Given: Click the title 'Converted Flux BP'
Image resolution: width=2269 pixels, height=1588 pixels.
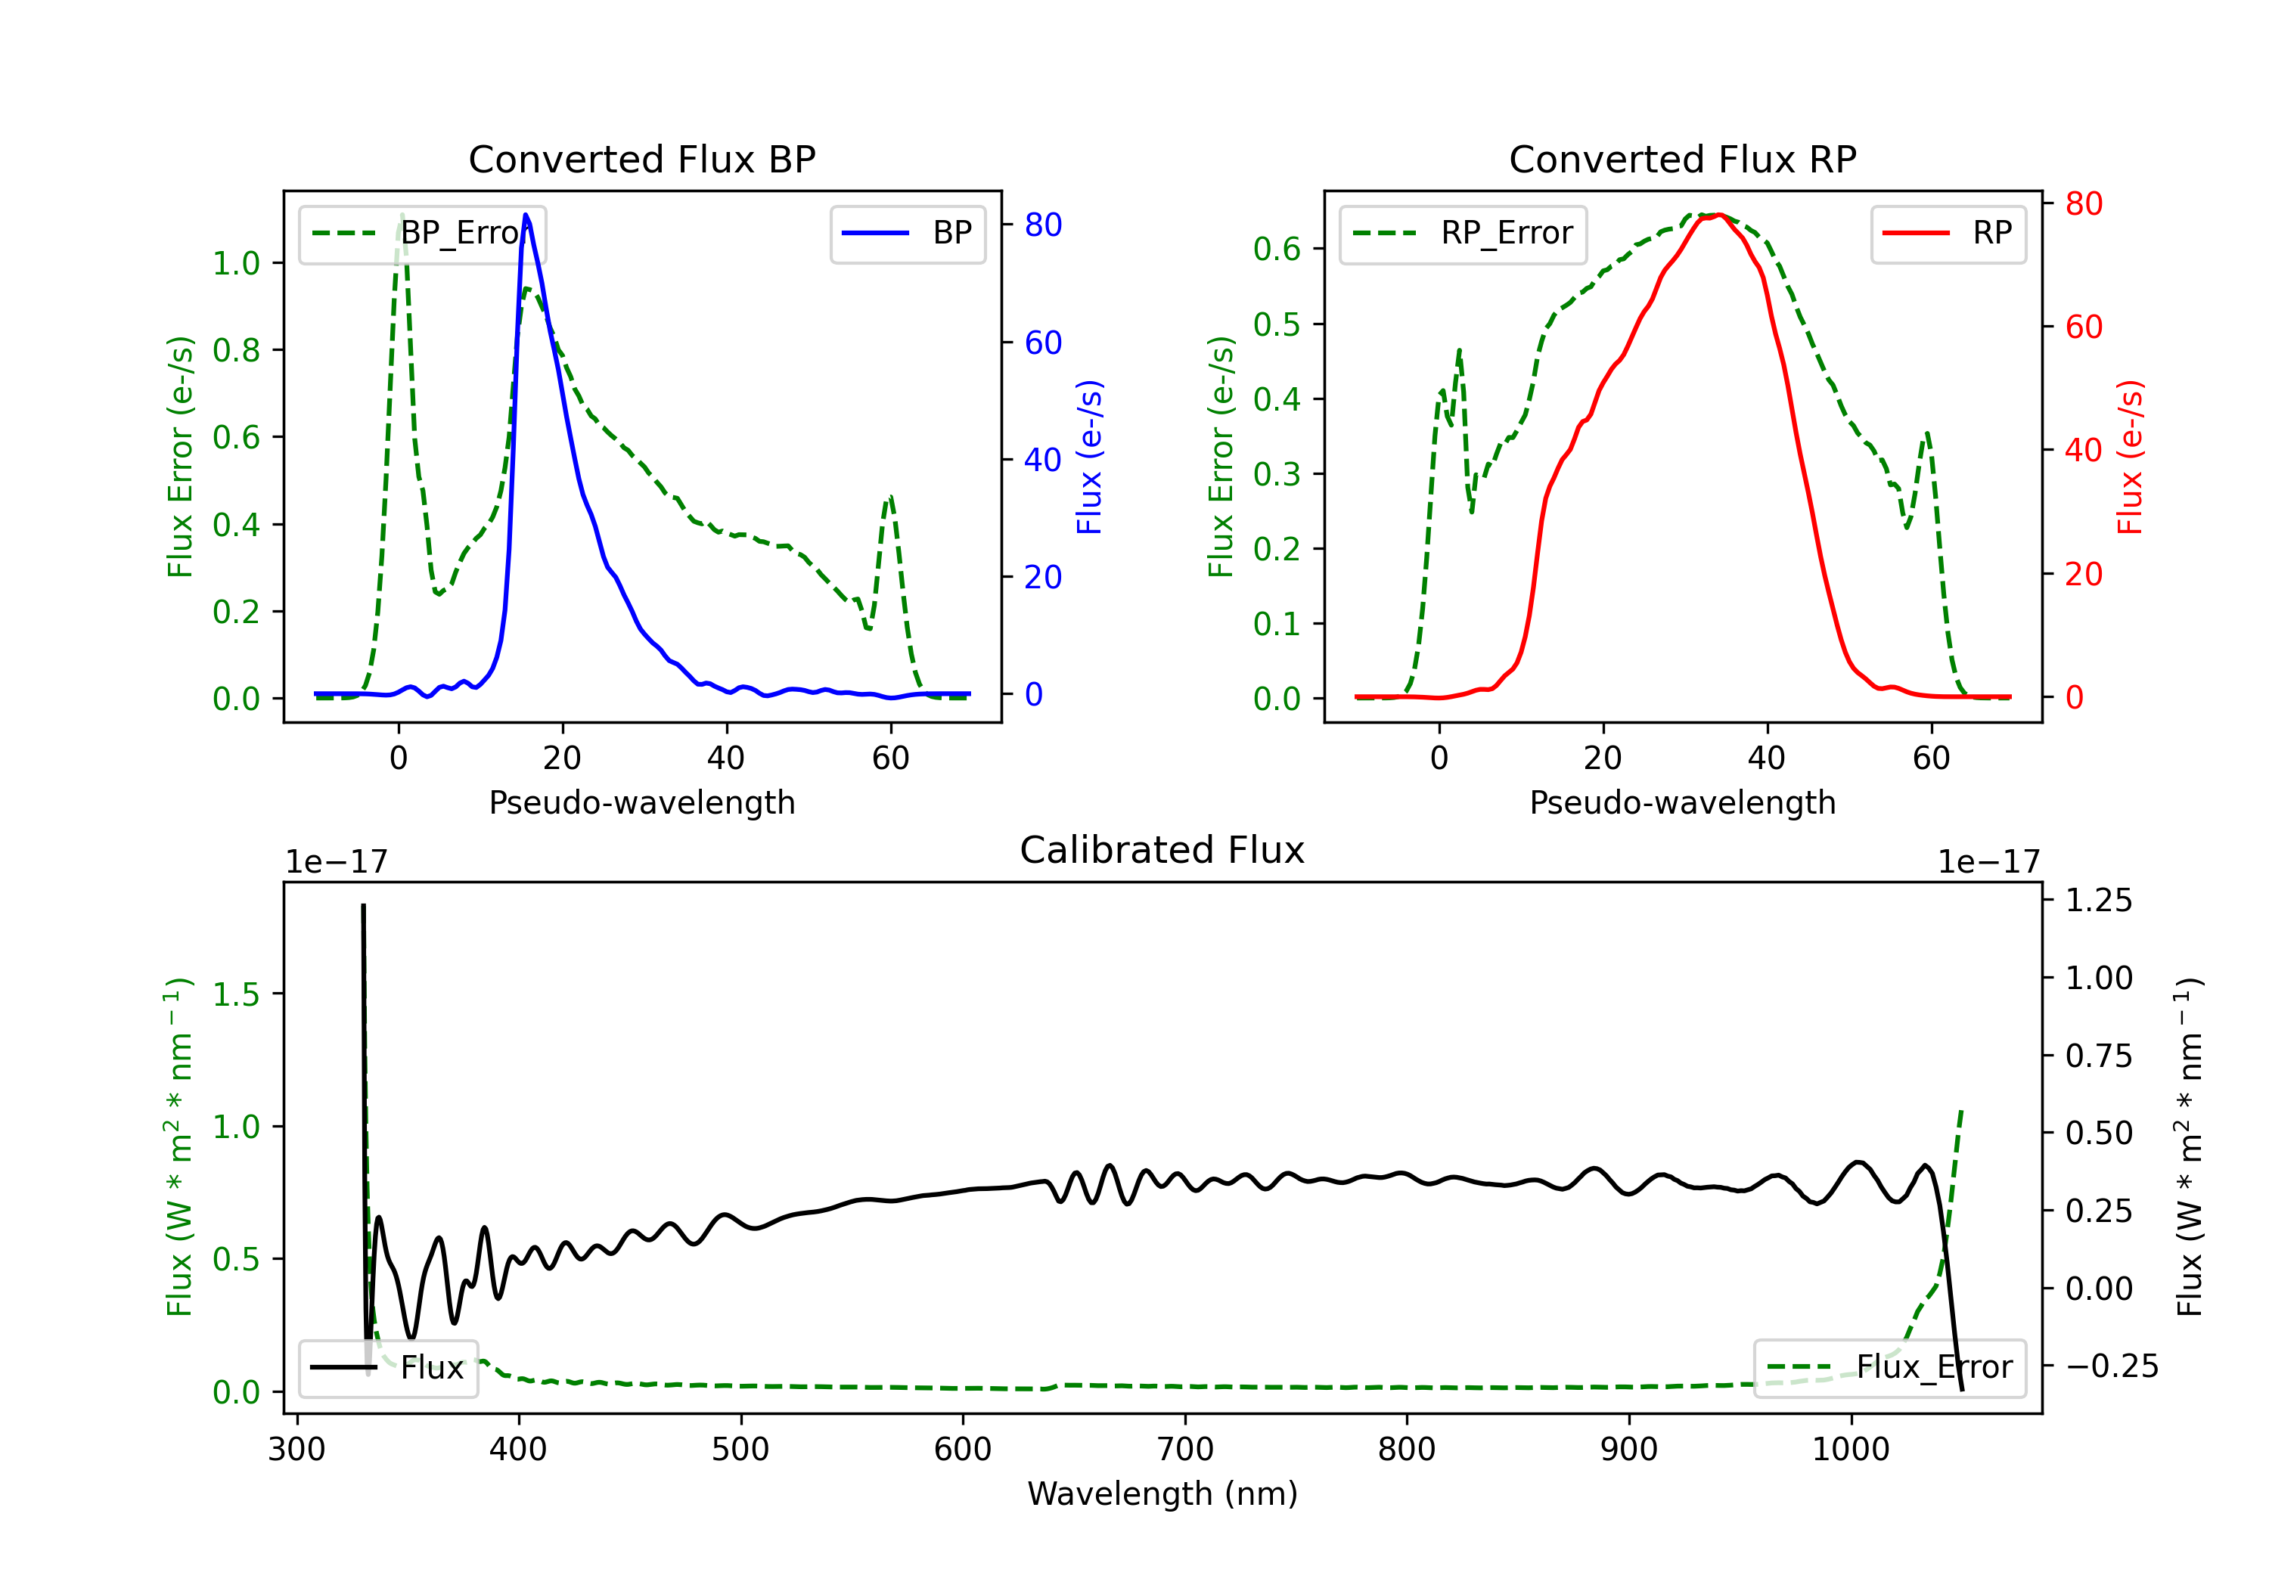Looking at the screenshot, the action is tap(641, 159).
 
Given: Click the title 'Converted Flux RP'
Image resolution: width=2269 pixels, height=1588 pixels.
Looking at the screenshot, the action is tap(1682, 159).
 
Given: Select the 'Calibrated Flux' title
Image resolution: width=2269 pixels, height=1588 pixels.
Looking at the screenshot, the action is tap(1162, 850).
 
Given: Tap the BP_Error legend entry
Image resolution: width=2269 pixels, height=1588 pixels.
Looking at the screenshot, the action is tap(422, 233).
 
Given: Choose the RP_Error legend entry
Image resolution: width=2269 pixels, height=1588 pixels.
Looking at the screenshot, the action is tap(1463, 233).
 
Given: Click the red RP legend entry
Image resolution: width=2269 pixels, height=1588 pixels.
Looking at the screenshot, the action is tap(1948, 233).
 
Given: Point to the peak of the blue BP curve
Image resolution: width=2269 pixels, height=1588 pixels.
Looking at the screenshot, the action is tap(526, 215).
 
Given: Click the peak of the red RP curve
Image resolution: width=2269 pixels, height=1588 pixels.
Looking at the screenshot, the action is tap(1720, 215).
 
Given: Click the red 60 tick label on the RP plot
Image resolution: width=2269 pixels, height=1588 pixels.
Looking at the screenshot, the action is tap(2083, 327).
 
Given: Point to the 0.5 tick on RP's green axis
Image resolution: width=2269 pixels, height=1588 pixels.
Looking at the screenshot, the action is tap(1277, 324).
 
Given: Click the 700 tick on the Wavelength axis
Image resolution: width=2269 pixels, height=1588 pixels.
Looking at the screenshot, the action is tap(1185, 1450).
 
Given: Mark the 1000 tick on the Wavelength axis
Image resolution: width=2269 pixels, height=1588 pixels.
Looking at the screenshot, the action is tap(1851, 1450).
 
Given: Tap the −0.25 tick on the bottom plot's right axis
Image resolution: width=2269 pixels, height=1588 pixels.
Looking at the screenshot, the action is tap(2112, 1366).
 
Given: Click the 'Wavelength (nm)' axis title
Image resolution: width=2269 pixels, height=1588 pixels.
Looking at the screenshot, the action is tap(1162, 1494).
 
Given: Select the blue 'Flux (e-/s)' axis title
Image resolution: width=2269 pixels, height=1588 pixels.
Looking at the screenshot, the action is tap(1089, 457).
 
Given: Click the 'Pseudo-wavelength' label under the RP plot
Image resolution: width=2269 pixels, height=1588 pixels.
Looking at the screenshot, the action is tap(1682, 802).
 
